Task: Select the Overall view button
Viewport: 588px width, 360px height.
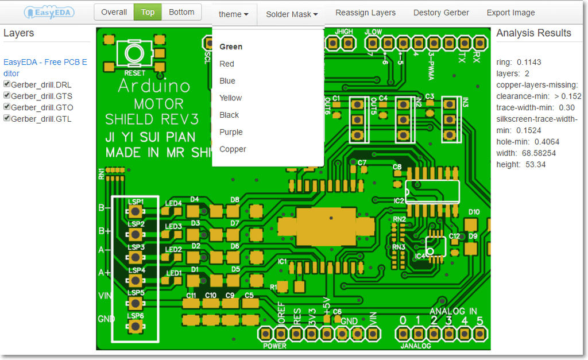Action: click(x=114, y=12)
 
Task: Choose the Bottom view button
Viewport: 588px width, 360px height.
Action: click(x=181, y=12)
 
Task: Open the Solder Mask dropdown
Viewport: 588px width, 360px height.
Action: click(x=291, y=14)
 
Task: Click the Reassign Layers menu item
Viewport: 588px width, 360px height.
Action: click(x=365, y=13)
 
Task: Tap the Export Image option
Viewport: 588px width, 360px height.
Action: click(x=510, y=13)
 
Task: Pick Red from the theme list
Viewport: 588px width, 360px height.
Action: click(x=227, y=64)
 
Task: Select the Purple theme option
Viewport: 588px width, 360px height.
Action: click(x=231, y=132)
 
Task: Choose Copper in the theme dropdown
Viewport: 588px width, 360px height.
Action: click(x=233, y=149)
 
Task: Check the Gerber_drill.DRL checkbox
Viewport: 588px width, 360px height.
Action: click(x=7, y=84)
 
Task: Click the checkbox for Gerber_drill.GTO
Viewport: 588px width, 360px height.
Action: click(x=7, y=107)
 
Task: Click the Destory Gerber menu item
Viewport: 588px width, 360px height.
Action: click(x=441, y=13)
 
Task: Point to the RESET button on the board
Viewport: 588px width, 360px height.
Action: click(x=134, y=55)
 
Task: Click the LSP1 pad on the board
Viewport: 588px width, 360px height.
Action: click(x=136, y=212)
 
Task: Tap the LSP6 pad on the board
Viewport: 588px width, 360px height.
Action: click(x=136, y=326)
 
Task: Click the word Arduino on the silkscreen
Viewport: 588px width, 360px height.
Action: click(x=153, y=86)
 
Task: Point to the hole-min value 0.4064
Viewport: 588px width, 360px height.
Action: click(x=546, y=142)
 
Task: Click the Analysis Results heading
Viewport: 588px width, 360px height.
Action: click(x=533, y=33)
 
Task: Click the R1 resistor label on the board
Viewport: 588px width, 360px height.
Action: click(x=273, y=286)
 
